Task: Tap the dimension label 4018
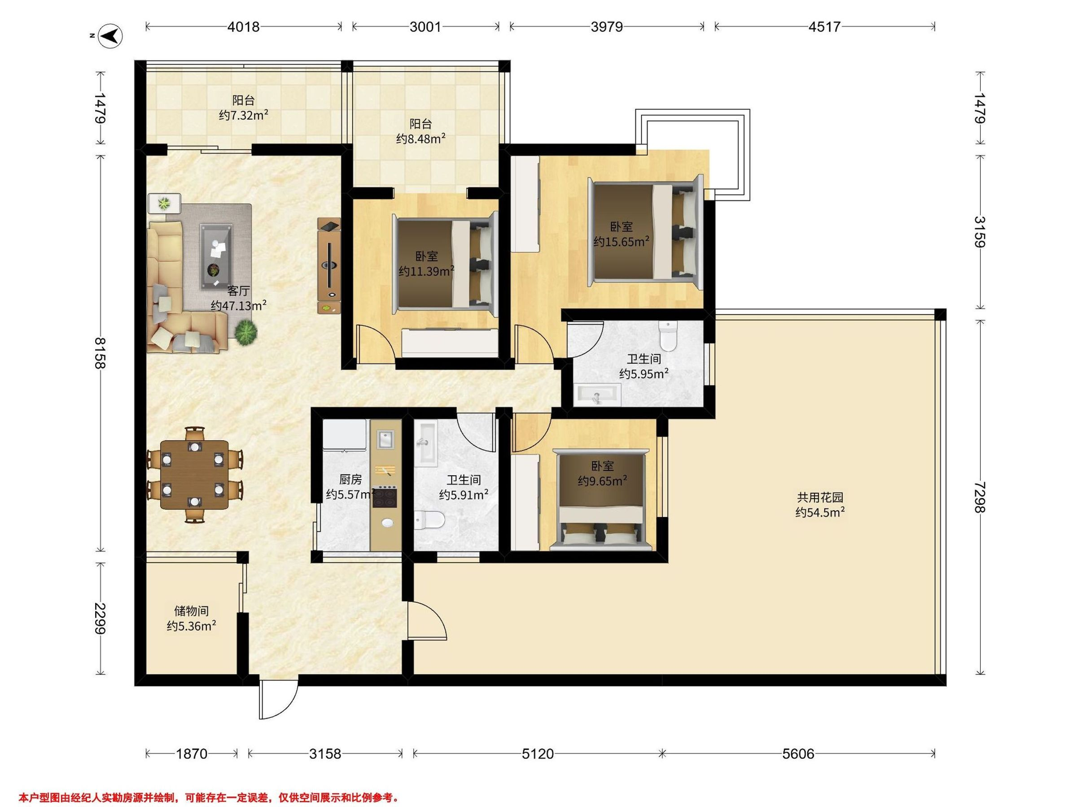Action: [x=243, y=26]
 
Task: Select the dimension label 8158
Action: [x=101, y=354]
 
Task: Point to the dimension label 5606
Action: [x=798, y=754]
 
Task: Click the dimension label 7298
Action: [x=980, y=497]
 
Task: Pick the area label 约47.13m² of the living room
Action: [x=239, y=305]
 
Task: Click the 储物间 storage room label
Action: [x=191, y=611]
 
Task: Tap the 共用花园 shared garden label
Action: [x=820, y=497]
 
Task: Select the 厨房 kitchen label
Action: [x=350, y=480]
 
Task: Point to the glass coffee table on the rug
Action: [x=217, y=257]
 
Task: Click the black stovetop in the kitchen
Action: [x=385, y=497]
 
